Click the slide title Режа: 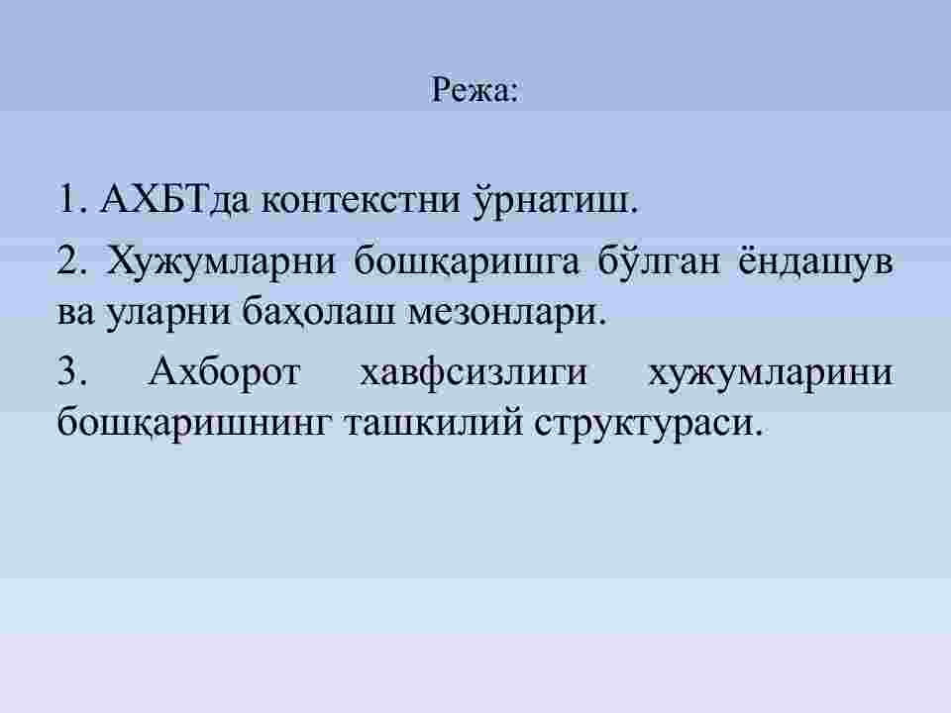(x=475, y=90)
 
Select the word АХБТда (x=175, y=198)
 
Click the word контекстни (x=361, y=199)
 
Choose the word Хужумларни (x=221, y=261)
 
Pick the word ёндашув (x=815, y=261)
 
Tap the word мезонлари (x=506, y=314)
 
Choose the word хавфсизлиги (x=474, y=371)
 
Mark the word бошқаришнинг (x=194, y=423)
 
